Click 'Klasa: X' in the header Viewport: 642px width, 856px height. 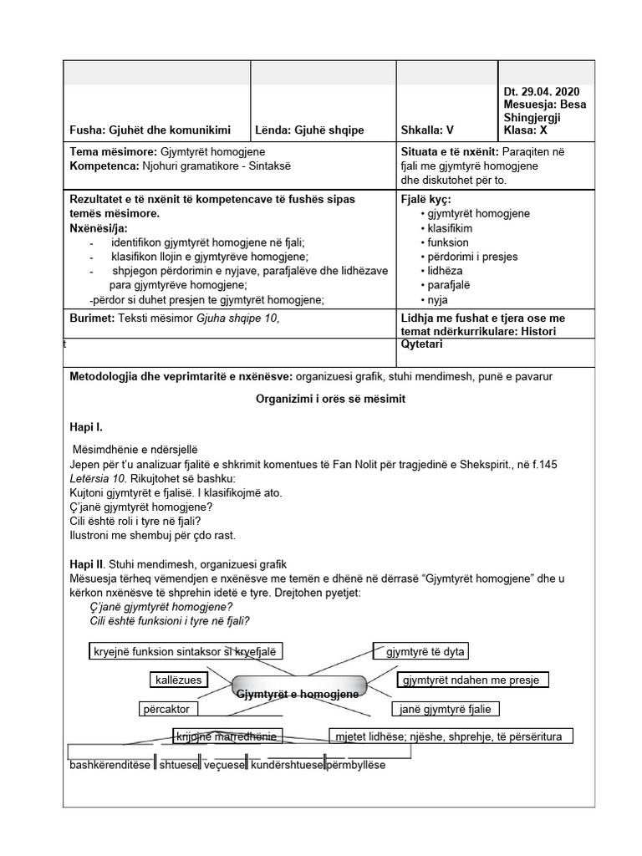tap(526, 130)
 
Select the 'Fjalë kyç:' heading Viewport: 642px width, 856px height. tap(427, 200)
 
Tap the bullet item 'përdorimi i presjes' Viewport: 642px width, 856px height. tap(472, 257)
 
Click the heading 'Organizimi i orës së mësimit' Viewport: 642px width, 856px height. tap(330, 400)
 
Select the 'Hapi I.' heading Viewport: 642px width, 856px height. tap(86, 427)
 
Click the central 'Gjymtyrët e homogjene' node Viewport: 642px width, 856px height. tap(298, 693)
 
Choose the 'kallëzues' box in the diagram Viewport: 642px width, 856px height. tap(176, 680)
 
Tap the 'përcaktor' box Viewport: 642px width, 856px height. tap(166, 709)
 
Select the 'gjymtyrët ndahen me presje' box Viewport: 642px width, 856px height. tap(472, 680)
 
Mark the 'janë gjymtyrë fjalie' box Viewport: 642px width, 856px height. tap(446, 709)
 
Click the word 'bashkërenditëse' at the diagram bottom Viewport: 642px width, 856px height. tap(110, 765)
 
